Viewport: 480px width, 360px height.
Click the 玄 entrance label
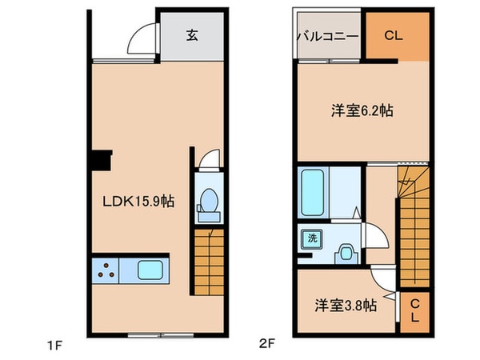click(193, 35)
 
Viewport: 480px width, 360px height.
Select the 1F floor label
click(54, 346)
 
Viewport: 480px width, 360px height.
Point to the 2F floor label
click(266, 346)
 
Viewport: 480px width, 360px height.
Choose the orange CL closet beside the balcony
click(392, 35)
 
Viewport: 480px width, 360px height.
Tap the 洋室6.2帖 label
click(362, 112)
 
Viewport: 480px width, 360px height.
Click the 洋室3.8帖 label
click(346, 304)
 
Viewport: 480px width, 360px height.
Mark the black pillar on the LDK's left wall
click(102, 161)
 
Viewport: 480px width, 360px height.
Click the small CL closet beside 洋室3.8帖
click(414, 309)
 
